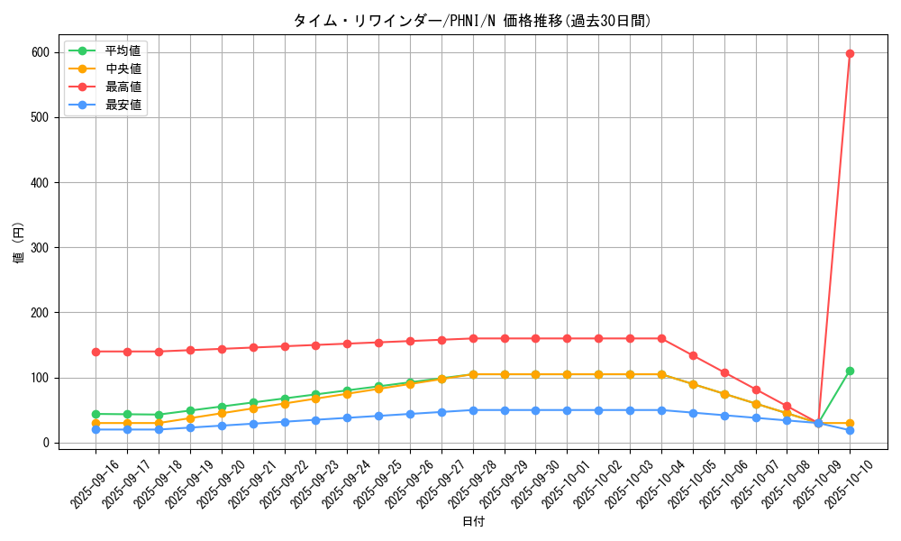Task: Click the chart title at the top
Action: click(x=472, y=21)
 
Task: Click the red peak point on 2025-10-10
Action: click(x=850, y=53)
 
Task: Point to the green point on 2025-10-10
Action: click(x=850, y=371)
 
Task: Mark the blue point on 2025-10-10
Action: click(x=850, y=430)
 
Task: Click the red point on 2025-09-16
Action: click(x=96, y=352)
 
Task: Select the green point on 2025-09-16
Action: click(x=96, y=414)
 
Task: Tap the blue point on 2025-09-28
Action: click(x=473, y=410)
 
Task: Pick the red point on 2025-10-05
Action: click(x=693, y=355)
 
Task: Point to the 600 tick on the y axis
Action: click(x=40, y=52)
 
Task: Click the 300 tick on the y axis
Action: click(x=40, y=248)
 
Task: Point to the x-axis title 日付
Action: click(x=472, y=522)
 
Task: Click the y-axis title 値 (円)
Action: click(x=19, y=243)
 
